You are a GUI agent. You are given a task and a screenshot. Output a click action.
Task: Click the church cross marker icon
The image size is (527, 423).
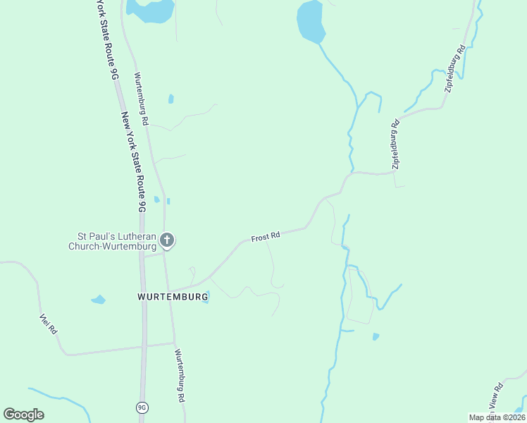[167, 240]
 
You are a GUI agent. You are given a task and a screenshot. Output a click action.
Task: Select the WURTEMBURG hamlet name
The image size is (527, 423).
[173, 298]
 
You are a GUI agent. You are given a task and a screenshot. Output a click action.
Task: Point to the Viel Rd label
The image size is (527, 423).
[48, 323]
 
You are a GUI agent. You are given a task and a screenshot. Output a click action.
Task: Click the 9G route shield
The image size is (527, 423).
[142, 407]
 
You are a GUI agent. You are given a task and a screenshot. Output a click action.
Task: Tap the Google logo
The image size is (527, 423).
[23, 415]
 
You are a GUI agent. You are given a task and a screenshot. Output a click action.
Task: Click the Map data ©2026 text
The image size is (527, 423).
[497, 417]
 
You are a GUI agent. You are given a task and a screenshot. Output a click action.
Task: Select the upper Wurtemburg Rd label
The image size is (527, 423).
[141, 99]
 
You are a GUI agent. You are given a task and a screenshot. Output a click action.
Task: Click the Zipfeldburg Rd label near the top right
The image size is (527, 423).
[455, 69]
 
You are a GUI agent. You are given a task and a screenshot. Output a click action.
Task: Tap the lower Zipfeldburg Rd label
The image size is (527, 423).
[396, 144]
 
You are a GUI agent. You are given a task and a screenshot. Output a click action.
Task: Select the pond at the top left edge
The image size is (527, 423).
[150, 10]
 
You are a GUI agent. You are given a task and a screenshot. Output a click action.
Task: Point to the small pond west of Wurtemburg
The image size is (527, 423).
[98, 300]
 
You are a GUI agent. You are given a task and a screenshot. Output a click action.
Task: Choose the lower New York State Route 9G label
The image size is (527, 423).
[132, 162]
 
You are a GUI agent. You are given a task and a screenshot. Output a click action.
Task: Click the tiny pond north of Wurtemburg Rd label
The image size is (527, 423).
[171, 99]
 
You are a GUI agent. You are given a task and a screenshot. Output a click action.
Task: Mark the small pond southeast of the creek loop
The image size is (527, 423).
[376, 336]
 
